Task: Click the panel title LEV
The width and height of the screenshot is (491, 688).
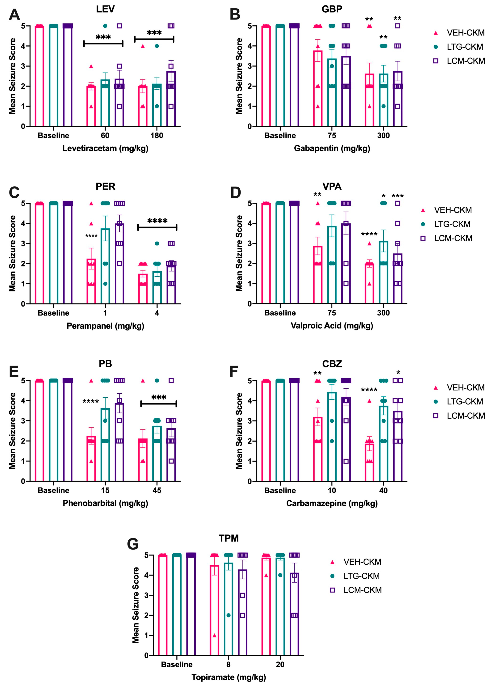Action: (x=105, y=9)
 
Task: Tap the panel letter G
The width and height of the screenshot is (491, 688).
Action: (x=133, y=544)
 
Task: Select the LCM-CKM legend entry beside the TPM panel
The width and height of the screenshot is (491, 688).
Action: (x=362, y=590)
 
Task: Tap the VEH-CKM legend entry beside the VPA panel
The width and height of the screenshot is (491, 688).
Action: (x=453, y=210)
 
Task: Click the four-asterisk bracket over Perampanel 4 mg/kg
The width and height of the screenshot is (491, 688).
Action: (x=157, y=227)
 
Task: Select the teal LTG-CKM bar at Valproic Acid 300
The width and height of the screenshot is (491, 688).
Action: (x=383, y=272)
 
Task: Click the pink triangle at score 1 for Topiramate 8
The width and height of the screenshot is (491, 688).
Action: (x=214, y=635)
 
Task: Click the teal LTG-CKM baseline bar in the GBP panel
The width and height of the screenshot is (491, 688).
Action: (x=280, y=76)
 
